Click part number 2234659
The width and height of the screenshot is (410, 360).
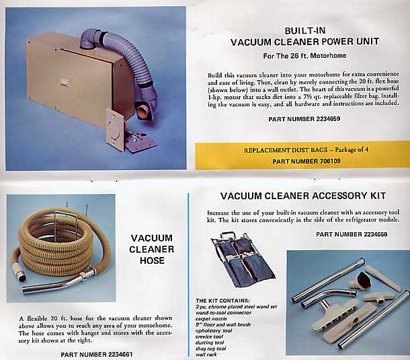(x=304, y=119)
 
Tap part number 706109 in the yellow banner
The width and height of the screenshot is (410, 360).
(x=306, y=161)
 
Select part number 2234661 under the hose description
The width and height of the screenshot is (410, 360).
(x=97, y=355)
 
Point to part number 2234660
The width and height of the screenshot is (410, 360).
(x=352, y=234)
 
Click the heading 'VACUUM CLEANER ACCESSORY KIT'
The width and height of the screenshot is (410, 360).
(x=303, y=196)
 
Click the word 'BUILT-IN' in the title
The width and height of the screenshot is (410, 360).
(x=305, y=31)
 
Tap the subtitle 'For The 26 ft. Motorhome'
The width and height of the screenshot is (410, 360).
(x=304, y=56)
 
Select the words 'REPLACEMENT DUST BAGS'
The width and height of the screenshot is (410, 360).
(x=286, y=150)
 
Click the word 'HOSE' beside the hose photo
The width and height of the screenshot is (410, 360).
(x=152, y=260)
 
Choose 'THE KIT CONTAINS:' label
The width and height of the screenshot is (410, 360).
(x=222, y=301)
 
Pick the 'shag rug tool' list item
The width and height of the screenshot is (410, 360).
(x=211, y=349)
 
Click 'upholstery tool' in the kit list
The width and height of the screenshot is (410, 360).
(x=214, y=330)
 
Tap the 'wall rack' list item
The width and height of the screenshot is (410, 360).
(x=206, y=355)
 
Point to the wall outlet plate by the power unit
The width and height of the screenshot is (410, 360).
(x=115, y=130)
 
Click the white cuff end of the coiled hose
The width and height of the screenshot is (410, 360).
(x=19, y=273)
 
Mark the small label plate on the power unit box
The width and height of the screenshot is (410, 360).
(x=64, y=82)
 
